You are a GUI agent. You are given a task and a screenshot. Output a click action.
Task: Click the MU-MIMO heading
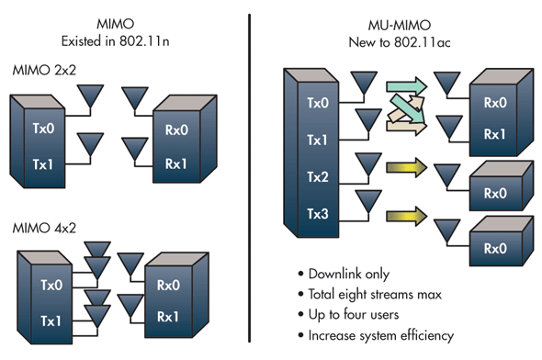coord(400,25)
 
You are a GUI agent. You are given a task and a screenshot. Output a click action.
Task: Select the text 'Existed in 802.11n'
coord(116,41)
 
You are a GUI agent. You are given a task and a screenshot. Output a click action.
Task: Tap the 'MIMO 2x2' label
coord(44,70)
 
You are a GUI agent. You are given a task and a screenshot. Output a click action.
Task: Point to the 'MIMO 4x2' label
coord(44,228)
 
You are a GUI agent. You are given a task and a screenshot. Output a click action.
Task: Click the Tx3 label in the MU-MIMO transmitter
coord(318,214)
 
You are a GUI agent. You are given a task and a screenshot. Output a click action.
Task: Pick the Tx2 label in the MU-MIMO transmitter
coord(318,177)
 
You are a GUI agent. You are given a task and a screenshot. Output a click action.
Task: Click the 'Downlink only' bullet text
coord(349,274)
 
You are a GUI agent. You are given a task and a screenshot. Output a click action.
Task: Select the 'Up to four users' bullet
coord(354,314)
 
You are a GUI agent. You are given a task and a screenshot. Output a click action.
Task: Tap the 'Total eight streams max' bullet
coord(375,295)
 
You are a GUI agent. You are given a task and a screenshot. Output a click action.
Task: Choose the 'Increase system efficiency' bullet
coord(381,335)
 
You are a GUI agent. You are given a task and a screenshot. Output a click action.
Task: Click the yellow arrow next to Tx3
coord(407,217)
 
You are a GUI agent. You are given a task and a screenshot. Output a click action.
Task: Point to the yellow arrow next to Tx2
coord(407,167)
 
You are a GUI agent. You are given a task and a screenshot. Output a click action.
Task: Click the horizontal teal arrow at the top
coord(407,86)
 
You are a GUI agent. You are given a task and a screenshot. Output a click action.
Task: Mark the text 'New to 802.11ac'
coord(400,42)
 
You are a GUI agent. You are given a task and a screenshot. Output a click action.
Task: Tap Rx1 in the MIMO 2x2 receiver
coord(176,163)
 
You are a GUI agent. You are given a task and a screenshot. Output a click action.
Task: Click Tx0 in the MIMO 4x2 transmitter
coord(51,285)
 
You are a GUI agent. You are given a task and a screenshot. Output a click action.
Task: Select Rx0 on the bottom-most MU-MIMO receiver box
coord(495,248)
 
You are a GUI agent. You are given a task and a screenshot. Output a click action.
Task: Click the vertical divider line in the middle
coord(249,178)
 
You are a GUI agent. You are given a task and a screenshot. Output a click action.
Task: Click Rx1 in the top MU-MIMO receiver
coord(494,134)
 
